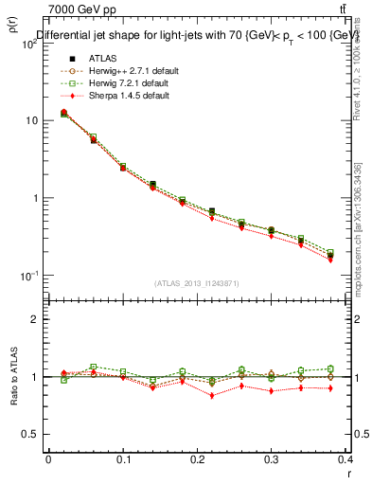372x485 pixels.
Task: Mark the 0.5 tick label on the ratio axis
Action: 33,434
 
